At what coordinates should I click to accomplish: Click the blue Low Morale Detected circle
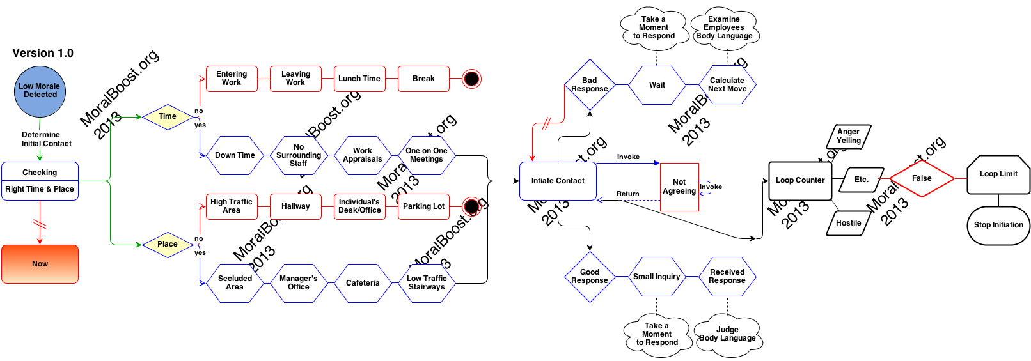click(40, 91)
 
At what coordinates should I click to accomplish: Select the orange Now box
click(40, 264)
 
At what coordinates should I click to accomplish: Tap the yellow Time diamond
click(168, 117)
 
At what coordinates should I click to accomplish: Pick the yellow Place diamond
click(168, 245)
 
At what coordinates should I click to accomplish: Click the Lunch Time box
click(359, 79)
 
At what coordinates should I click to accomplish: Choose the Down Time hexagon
click(235, 155)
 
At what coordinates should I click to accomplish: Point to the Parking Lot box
click(423, 206)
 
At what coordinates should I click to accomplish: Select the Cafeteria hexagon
click(363, 283)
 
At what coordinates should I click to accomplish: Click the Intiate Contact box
click(558, 181)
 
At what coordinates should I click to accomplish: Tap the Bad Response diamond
click(590, 85)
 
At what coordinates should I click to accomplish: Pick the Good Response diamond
click(590, 277)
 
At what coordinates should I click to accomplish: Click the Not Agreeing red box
click(679, 187)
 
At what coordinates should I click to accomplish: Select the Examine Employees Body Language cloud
click(724, 28)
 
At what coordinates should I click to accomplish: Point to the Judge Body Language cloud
click(727, 334)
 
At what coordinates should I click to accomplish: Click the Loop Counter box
click(800, 180)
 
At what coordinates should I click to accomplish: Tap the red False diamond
click(922, 178)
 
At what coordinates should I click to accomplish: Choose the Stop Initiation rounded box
click(998, 225)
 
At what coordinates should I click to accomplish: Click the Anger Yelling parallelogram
click(849, 136)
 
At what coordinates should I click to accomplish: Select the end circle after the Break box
click(471, 79)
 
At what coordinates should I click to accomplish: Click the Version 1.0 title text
click(43, 53)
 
